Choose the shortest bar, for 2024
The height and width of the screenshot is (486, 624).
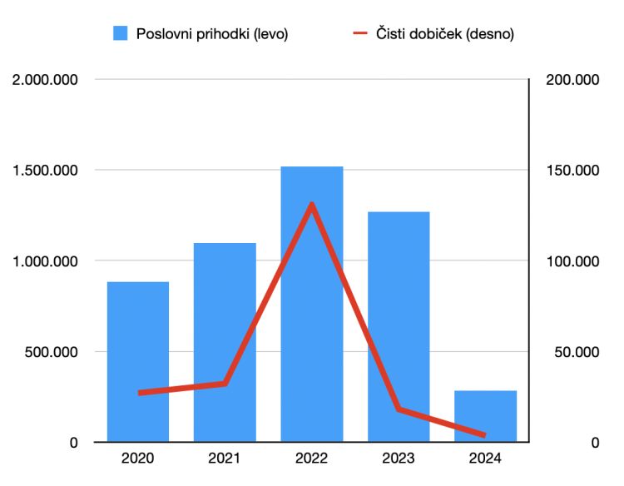coord(485,416)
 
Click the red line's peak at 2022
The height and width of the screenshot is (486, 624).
coord(312,205)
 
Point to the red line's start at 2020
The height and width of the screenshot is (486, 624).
coord(140,392)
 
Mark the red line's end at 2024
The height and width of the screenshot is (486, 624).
coord(484,434)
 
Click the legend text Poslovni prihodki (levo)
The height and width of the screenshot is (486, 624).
coord(212,33)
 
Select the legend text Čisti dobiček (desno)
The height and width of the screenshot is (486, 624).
coord(445,33)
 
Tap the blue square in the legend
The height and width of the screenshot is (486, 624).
coord(121,33)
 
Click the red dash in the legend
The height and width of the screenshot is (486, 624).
coord(360,33)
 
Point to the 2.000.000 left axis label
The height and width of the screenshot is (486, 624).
coord(44,80)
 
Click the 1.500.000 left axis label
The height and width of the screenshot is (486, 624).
coord(44,171)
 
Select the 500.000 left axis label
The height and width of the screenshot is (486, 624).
coord(51,352)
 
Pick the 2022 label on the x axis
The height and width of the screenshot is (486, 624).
coord(312,459)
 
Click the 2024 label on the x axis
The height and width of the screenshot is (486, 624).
coord(485,459)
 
